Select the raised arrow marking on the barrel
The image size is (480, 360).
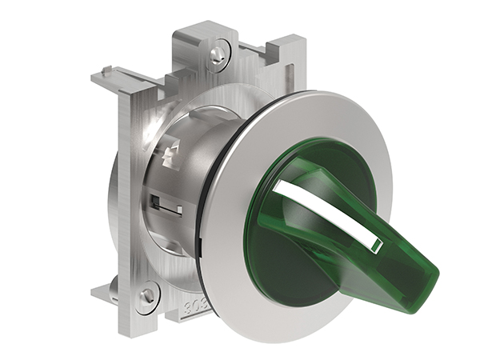click(169, 156)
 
